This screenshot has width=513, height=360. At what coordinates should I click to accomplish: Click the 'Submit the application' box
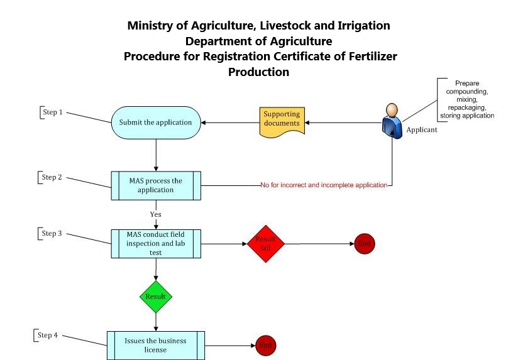[156, 122]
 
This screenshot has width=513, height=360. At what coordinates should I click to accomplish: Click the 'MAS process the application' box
[156, 185]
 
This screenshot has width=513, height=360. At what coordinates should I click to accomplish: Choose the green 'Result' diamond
[155, 295]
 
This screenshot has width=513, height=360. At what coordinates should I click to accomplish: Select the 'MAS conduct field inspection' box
[156, 244]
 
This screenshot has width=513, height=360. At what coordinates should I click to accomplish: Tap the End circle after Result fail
[364, 244]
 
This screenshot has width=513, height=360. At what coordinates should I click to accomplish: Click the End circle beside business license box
[265, 346]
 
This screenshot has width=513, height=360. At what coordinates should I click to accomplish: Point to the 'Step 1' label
[52, 112]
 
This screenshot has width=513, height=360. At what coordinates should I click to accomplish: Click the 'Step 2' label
[52, 177]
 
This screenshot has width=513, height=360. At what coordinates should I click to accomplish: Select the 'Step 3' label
[52, 234]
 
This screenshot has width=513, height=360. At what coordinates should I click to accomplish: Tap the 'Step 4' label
[47, 335]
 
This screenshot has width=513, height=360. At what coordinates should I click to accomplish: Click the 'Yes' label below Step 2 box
[156, 214]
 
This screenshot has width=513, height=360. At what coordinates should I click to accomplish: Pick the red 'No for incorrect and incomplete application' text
[323, 186]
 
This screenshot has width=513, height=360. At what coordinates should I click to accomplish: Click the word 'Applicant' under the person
[422, 131]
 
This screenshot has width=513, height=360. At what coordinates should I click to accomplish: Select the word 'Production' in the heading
[258, 72]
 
